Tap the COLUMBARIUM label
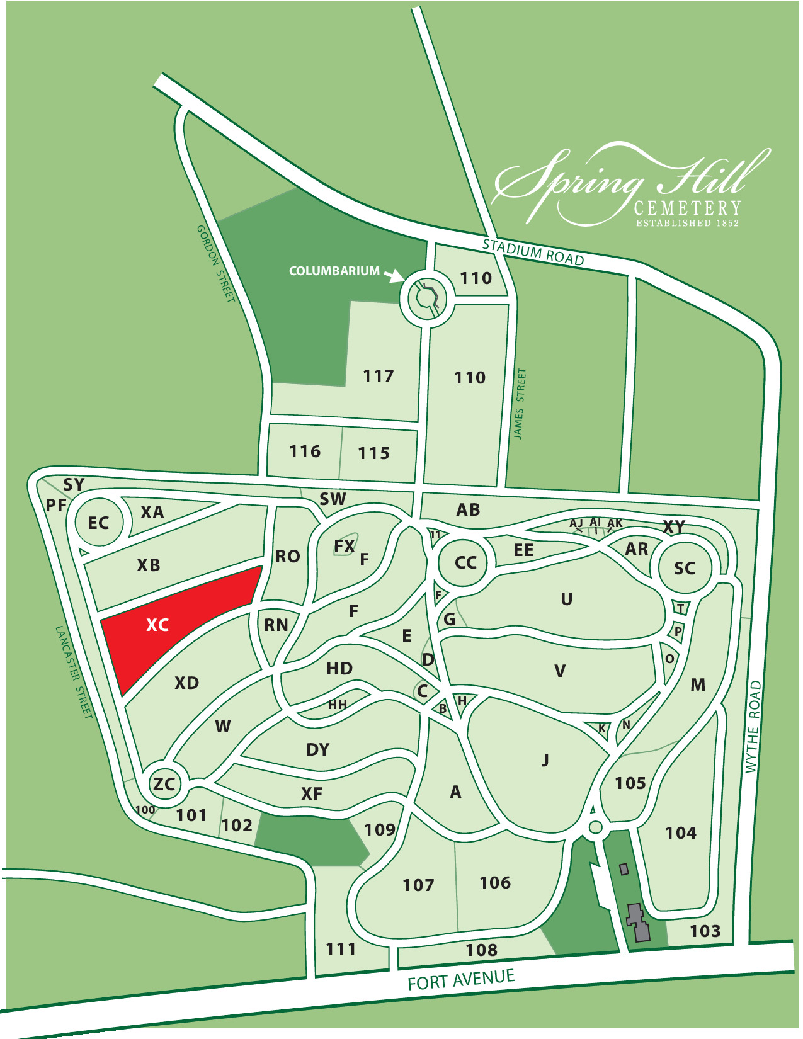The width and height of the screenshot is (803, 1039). pos(334,271)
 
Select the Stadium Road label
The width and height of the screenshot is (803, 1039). pos(533,252)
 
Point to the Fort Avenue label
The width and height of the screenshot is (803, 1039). pos(461,980)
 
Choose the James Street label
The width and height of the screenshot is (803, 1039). pos(519,404)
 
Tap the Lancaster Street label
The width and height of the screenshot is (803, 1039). pos(74,672)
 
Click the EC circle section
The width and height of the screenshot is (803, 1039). pos(98,523)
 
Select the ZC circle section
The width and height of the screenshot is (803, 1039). pos(164,784)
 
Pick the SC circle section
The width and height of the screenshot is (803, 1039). pos(685,568)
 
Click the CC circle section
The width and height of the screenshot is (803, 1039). pos(465,562)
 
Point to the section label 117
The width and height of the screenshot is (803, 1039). pos(378,376)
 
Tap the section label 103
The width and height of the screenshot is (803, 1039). pos(705,931)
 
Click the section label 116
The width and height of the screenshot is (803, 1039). pos(305,451)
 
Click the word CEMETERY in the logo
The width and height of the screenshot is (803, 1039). pos(687,208)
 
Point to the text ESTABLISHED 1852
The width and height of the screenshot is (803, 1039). pos(687,223)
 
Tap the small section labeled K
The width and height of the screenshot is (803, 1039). pos(601,729)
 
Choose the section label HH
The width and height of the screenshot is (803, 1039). pos(338,705)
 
